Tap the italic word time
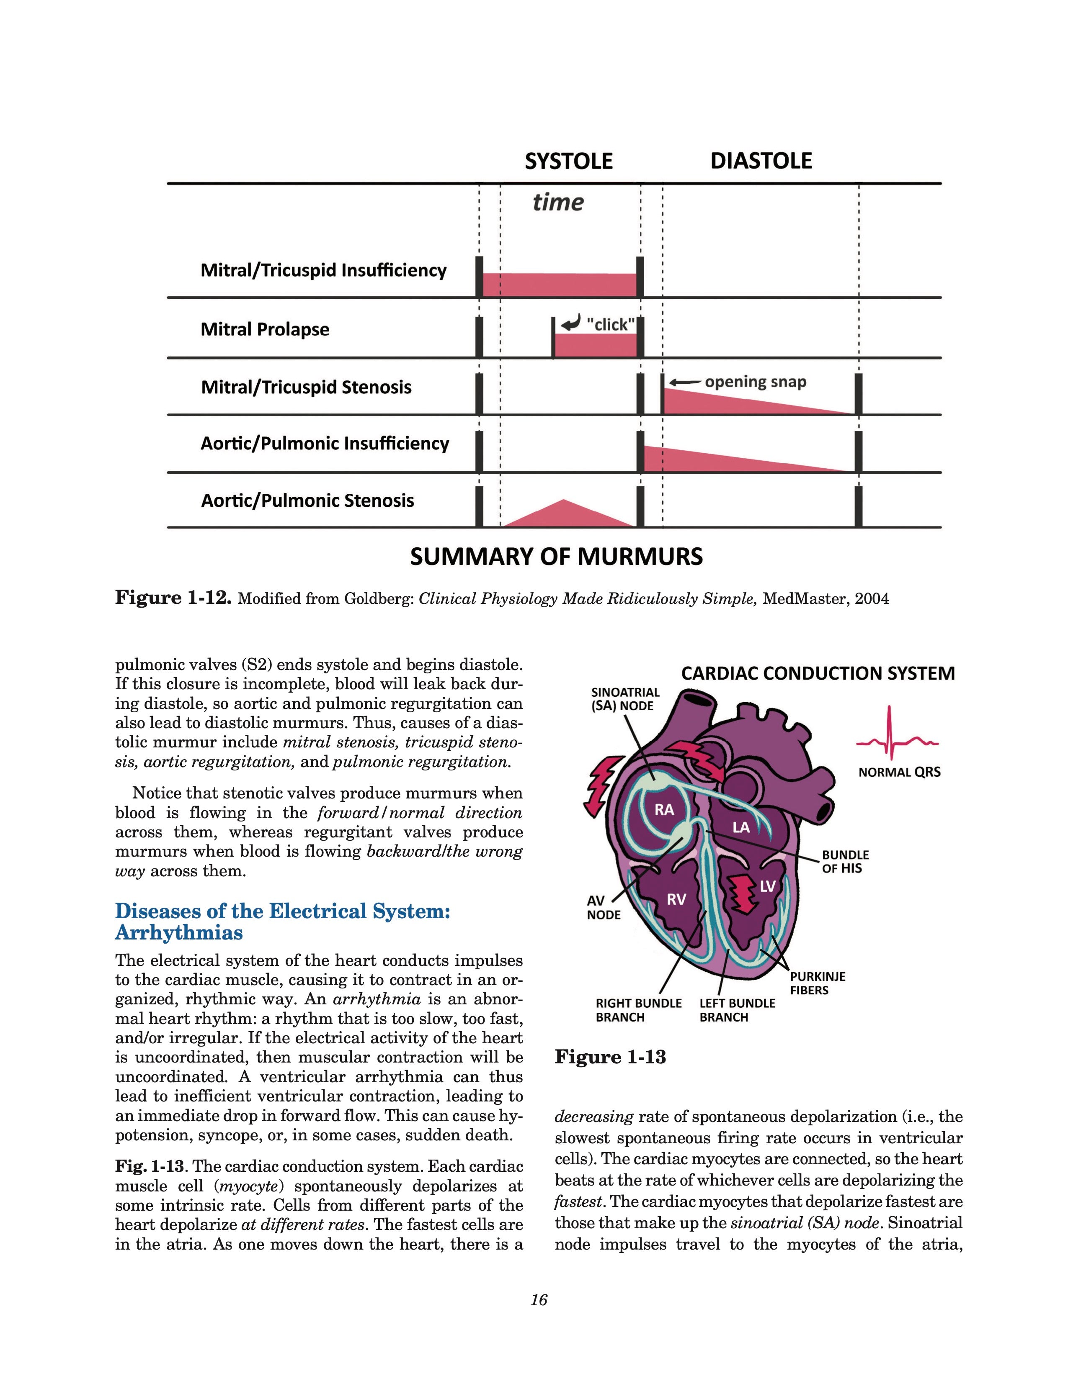click(557, 203)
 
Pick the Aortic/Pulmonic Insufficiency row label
click(325, 443)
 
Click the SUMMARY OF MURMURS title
click(556, 557)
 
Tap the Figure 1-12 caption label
click(172, 598)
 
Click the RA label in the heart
click(664, 809)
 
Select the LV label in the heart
click(767, 886)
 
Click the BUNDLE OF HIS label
click(845, 861)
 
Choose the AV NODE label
click(603, 907)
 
